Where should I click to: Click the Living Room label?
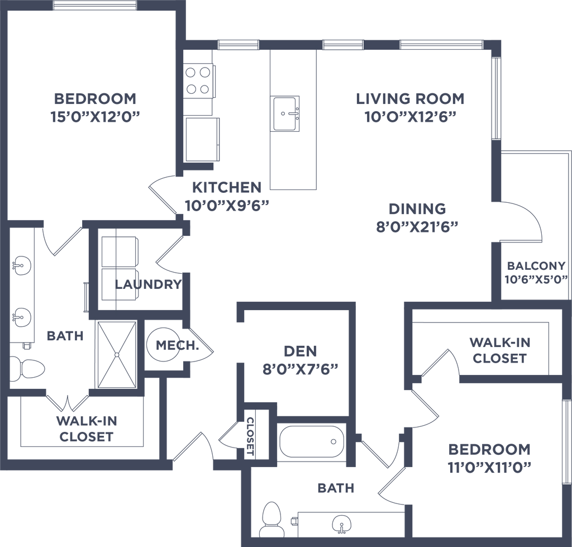tap(411, 99)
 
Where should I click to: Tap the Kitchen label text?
tap(226, 187)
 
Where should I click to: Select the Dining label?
tap(418, 209)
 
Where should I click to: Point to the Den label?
tap(301, 351)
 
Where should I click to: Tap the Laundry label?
tap(147, 285)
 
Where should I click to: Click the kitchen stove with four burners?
tap(199, 79)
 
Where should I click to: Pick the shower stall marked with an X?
tap(117, 355)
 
